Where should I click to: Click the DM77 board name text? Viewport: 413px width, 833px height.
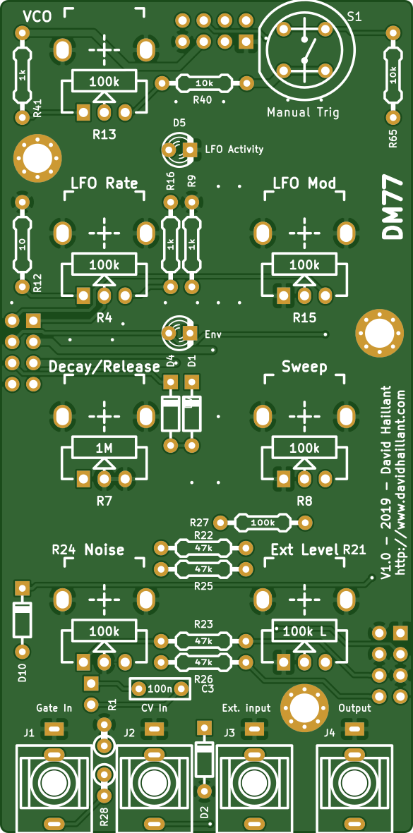coord(393,207)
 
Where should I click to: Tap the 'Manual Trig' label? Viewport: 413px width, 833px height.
coord(303,113)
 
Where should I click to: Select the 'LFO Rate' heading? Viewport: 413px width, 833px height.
coord(104,183)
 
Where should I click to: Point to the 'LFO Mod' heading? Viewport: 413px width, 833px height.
coord(304,183)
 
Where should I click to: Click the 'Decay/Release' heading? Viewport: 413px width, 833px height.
coord(104,367)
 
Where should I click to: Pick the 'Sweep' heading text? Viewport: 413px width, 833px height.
coord(304,367)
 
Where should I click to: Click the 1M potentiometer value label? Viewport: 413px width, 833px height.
coord(104,449)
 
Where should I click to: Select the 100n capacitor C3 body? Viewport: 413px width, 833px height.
coord(160,689)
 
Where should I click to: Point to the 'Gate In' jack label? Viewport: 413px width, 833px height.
coord(54,708)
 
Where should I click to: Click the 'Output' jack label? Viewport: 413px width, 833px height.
coord(354,708)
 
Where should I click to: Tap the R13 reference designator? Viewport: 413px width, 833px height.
coord(104,135)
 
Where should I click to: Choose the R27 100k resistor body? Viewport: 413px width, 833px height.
coord(263,523)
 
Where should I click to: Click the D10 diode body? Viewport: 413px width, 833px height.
coord(22,620)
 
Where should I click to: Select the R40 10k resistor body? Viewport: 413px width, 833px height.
coord(204,83)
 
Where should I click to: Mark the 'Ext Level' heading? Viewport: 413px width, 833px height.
coord(304,549)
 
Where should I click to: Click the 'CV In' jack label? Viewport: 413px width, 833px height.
coord(155,708)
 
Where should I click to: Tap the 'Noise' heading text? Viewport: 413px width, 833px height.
coord(104,549)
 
